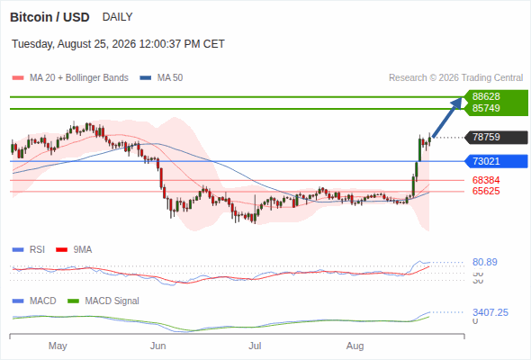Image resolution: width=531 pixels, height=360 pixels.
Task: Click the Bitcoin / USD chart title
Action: [49, 17]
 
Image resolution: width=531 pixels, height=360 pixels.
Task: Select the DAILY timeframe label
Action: [118, 17]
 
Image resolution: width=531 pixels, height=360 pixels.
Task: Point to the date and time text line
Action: [118, 44]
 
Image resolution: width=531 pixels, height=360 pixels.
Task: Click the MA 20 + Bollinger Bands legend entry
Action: [70, 78]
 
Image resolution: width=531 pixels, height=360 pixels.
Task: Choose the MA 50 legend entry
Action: [161, 78]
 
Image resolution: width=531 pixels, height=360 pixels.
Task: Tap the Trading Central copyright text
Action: [455, 78]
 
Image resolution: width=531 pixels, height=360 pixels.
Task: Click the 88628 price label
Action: [486, 96]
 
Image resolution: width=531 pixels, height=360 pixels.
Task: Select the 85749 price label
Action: [486, 108]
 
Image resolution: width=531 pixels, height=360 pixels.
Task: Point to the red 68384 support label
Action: [486, 180]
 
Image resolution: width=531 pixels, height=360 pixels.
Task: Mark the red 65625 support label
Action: [486, 191]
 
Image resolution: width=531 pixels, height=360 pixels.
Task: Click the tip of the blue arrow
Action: [462, 97]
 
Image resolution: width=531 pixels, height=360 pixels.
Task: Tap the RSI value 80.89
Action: [485, 262]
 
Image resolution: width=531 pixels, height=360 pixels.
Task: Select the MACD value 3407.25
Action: [490, 312]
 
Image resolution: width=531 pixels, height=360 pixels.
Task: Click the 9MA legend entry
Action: [74, 250]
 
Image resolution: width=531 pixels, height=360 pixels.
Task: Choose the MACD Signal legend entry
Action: [103, 301]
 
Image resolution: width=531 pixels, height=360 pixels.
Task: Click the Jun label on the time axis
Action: [157, 346]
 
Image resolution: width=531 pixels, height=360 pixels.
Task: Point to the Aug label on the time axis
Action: [355, 346]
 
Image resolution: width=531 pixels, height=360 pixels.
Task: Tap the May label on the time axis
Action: [58, 346]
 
